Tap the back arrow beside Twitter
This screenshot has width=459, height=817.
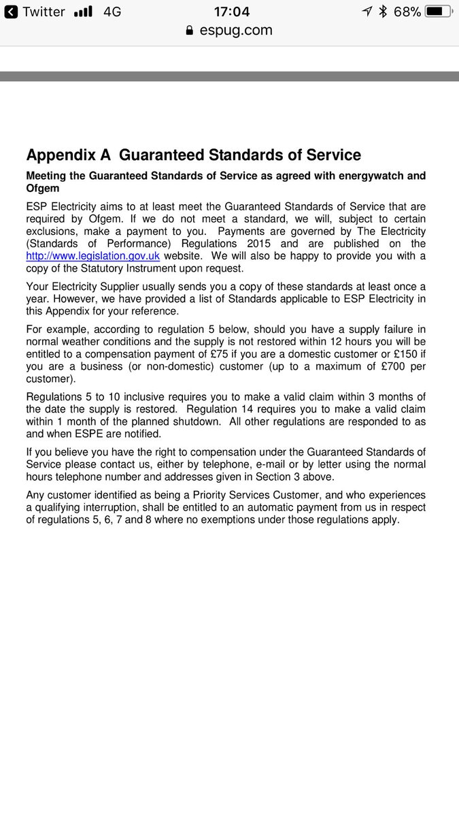tap(11, 12)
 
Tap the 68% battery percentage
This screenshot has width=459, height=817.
tap(406, 12)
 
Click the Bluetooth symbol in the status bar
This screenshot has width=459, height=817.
tap(383, 12)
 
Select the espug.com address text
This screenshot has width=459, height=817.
tap(236, 31)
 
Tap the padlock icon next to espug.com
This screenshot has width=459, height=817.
tap(190, 31)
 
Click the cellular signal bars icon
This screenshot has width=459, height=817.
tap(82, 12)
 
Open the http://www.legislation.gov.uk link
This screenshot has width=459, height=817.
tap(92, 256)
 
